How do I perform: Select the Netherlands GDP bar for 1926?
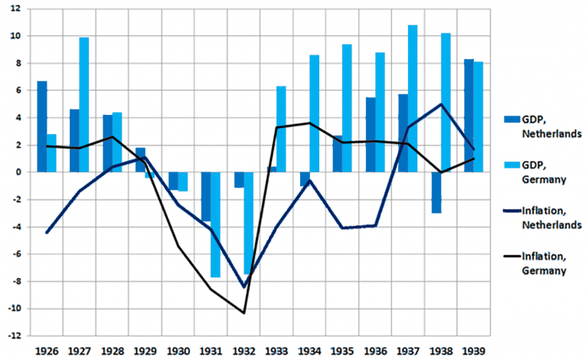click(x=42, y=126)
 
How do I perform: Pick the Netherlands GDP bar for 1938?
click(x=436, y=192)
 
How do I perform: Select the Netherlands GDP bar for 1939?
click(x=469, y=116)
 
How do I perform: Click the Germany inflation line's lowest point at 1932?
click(x=243, y=313)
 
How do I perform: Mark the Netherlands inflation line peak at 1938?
click(x=441, y=104)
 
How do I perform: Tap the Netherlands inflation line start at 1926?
click(x=47, y=232)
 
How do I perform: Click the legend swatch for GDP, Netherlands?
click(x=505, y=119)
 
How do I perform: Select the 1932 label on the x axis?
click(x=243, y=351)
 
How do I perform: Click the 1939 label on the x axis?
click(x=473, y=351)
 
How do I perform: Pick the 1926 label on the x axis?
click(x=47, y=351)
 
